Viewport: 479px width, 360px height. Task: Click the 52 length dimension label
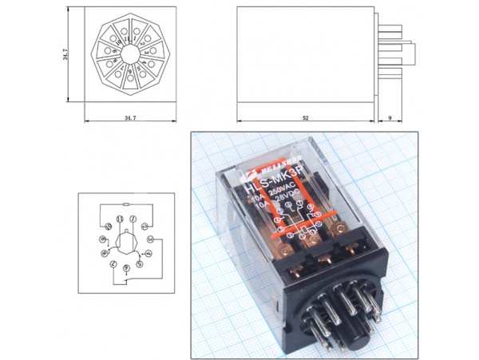click(306, 117)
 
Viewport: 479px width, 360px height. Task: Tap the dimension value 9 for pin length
click(388, 117)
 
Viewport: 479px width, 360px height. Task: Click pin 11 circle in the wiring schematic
click(120, 218)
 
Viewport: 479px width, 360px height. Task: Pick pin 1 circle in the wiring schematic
click(133, 218)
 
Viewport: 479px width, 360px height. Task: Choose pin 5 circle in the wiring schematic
click(138, 263)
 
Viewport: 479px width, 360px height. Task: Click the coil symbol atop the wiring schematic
click(127, 204)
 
